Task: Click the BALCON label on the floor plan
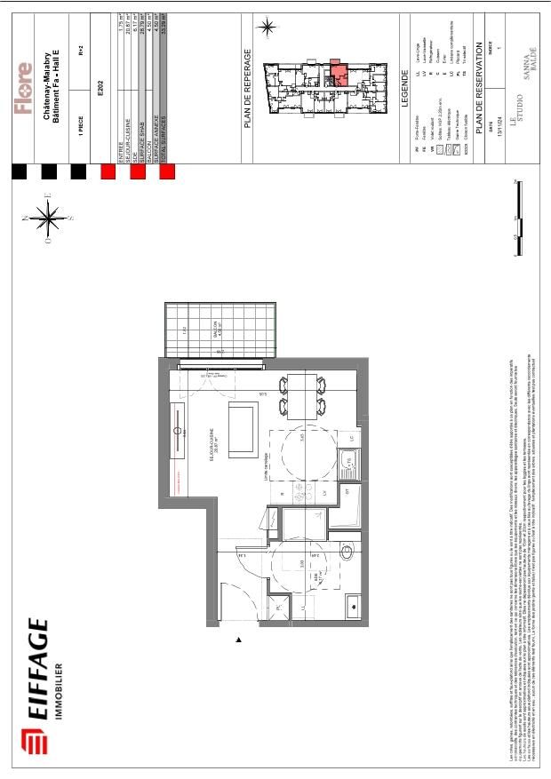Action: pyautogui.click(x=214, y=333)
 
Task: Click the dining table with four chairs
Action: pyautogui.click(x=302, y=396)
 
